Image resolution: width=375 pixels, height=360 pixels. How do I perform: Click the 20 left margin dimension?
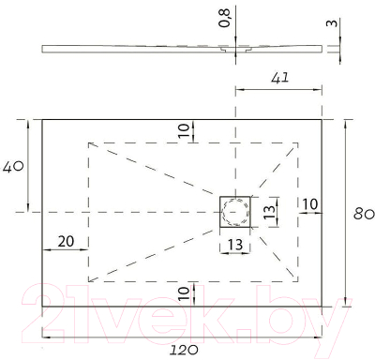pyautogui.click(x=66, y=241)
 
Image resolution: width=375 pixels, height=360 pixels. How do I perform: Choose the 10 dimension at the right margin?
pyautogui.click(x=309, y=203)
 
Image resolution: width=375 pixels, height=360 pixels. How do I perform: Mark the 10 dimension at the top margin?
pyautogui.click(x=185, y=129)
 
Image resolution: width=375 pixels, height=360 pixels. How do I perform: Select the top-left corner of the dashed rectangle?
pyautogui.click(x=89, y=142)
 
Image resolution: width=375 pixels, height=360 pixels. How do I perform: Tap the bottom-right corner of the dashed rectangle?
pyautogui.click(x=298, y=281)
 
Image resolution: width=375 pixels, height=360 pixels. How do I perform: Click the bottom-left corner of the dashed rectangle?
pyautogui.click(x=89, y=281)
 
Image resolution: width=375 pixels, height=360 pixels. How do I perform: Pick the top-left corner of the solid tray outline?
pyautogui.click(x=43, y=119)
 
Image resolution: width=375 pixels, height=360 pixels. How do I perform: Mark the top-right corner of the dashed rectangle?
pyautogui.click(x=298, y=142)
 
